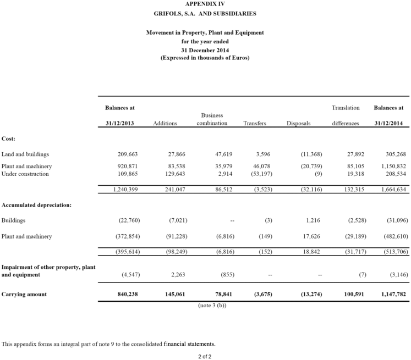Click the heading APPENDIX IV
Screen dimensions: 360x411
[205, 4]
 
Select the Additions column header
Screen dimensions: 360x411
[165, 124]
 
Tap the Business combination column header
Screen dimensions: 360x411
[212, 119]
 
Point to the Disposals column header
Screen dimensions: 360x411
[299, 124]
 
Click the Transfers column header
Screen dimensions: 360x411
[255, 124]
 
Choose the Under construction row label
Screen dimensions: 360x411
[25, 174]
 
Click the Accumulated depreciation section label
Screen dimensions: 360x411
[36, 205]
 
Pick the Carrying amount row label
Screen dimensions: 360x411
[24, 294]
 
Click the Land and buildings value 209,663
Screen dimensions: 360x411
[128, 154]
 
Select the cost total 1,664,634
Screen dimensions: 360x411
[393, 190]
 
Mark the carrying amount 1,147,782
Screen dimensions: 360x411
[393, 294]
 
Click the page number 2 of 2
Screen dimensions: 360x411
[205, 356]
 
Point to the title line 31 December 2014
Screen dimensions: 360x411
[205, 49]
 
